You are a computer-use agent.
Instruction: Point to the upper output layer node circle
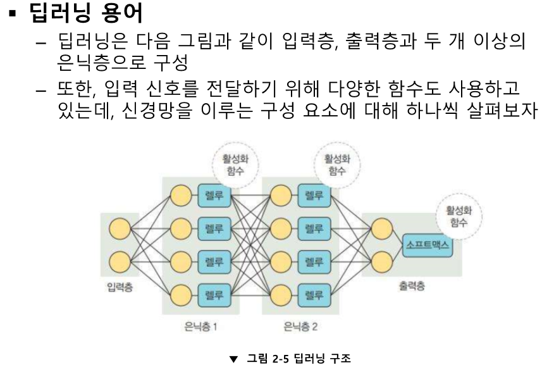click(x=381, y=227)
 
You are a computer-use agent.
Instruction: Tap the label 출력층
click(x=412, y=286)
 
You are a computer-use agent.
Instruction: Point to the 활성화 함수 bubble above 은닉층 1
click(x=235, y=163)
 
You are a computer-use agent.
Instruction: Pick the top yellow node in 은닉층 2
click(x=280, y=194)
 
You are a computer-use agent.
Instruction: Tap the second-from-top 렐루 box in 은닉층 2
click(x=310, y=227)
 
